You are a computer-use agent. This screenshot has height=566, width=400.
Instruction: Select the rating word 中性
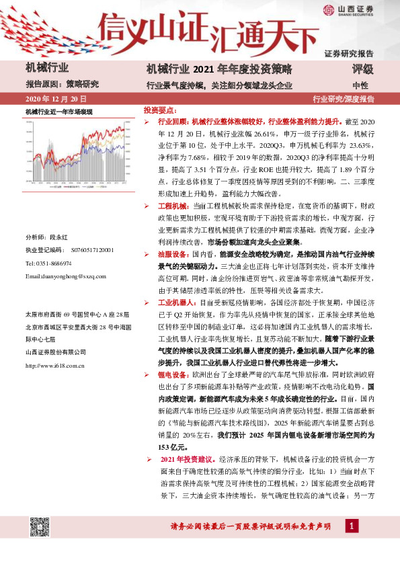coord(360,85)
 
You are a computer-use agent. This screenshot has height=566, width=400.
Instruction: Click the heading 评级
coord(362,69)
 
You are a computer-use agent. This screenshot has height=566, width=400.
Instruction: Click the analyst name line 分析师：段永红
coord(47,238)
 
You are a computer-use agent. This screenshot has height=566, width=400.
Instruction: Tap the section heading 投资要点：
coord(160,109)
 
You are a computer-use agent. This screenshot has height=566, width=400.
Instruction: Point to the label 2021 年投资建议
coord(185,458)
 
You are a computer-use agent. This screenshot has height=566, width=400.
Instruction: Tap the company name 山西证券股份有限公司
coord(56,352)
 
